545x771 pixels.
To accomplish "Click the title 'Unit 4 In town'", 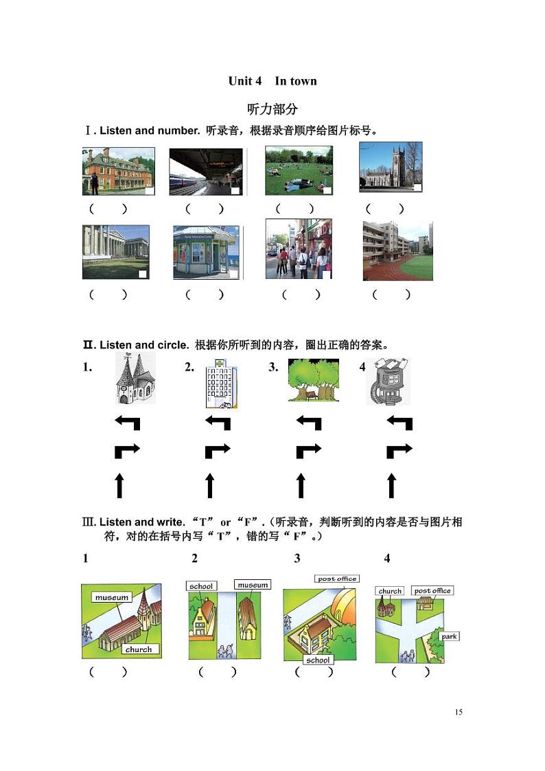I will tap(272, 81).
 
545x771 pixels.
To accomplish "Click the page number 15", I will tap(459, 712).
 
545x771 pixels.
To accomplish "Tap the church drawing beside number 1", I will tap(134, 380).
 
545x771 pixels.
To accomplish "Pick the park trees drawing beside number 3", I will tap(313, 380).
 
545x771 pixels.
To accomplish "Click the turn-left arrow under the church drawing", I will tap(127, 423).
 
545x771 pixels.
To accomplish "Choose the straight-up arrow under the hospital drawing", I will tap(210, 485).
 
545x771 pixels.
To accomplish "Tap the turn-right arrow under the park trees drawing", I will tap(308, 451).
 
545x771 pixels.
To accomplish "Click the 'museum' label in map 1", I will tap(112, 598).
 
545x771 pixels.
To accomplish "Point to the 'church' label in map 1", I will tap(139, 649).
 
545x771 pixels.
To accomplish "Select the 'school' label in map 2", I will tap(201, 586).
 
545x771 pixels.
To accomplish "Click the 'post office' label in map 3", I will tap(336, 579).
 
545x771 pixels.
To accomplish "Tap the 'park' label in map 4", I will tap(449, 636).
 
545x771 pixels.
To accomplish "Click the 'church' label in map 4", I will tap(390, 591).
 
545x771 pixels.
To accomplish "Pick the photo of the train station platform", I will tap(206, 172).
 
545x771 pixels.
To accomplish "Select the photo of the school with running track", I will tap(397, 250).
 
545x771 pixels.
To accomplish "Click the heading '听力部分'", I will tap(272, 109).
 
